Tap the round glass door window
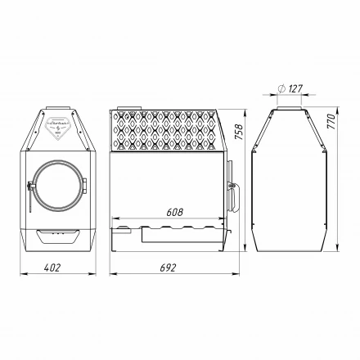[x=57, y=186]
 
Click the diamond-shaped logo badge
[x=57, y=127]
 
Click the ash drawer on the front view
[x=57, y=238]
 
